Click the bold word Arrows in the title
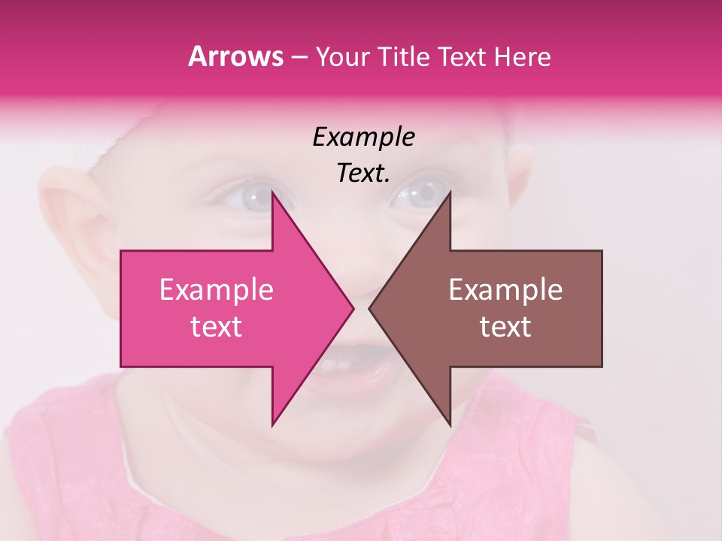pyautogui.click(x=235, y=56)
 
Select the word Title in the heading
pyautogui.click(x=404, y=56)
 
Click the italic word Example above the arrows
pyautogui.click(x=363, y=138)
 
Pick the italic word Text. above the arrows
pyautogui.click(x=363, y=174)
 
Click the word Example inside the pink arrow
pyautogui.click(x=216, y=290)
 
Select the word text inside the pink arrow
pyautogui.click(x=216, y=326)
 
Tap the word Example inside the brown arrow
pyautogui.click(x=505, y=290)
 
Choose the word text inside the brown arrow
pyautogui.click(x=505, y=326)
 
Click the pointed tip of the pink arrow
pyautogui.click(x=352, y=308)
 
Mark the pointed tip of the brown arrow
pyautogui.click(x=370, y=308)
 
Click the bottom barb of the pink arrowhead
pyautogui.click(x=273, y=422)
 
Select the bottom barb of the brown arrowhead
pyautogui.click(x=449, y=422)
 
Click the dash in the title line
pyautogui.click(x=299, y=58)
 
